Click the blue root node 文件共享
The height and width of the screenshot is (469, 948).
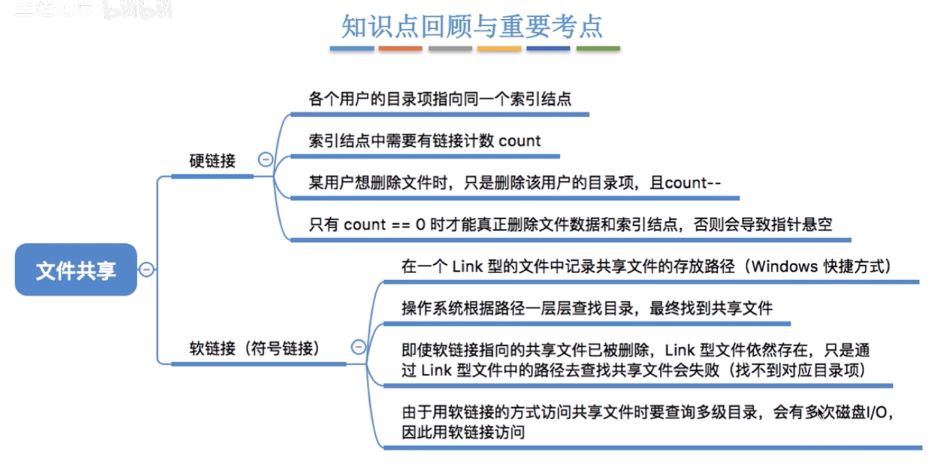click(x=76, y=270)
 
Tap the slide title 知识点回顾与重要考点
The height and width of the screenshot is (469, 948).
click(x=472, y=26)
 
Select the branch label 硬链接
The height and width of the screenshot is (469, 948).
click(x=212, y=161)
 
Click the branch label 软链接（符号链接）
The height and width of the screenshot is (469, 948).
click(x=255, y=349)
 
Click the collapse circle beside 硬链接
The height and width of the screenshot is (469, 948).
click(x=265, y=159)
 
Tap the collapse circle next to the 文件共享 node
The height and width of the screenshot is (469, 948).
click(x=146, y=270)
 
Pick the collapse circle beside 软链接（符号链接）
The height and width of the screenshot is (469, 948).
click(x=358, y=347)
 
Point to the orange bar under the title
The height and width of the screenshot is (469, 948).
click(x=400, y=49)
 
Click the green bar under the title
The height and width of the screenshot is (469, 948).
click(x=598, y=49)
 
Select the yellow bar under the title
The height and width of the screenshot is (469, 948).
click(x=499, y=49)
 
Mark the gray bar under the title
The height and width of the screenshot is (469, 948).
click(x=450, y=49)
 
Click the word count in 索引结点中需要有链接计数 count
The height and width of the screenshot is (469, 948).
click(x=520, y=141)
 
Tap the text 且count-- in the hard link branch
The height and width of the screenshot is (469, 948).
click(x=685, y=183)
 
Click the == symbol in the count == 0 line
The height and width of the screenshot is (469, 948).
click(x=400, y=225)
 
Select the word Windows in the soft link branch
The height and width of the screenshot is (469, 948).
click(x=779, y=267)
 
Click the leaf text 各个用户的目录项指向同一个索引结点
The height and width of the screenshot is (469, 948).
click(x=440, y=99)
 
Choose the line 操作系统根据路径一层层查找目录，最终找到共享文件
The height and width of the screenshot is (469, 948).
click(x=587, y=308)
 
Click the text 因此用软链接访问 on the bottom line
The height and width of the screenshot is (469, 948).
click(x=463, y=432)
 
